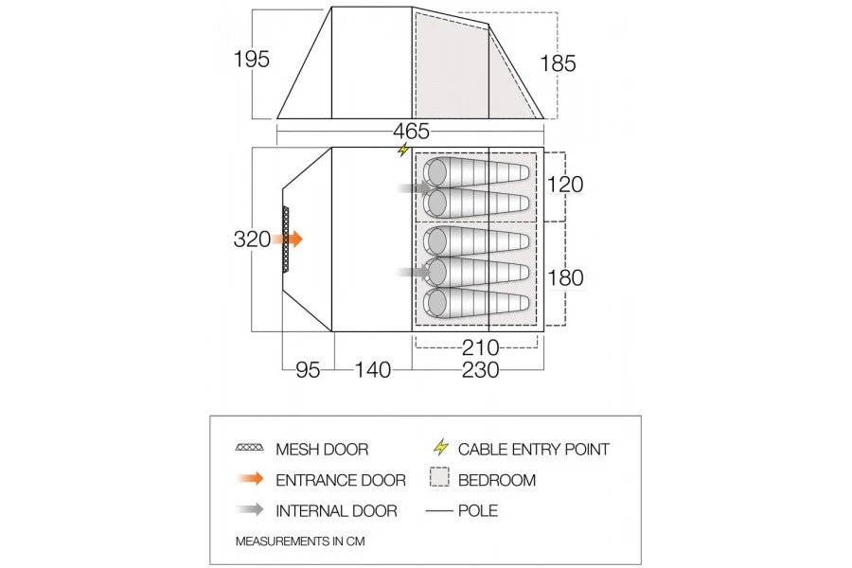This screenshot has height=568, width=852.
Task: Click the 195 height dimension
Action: tap(251, 59)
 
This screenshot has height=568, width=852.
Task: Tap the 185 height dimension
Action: tap(558, 63)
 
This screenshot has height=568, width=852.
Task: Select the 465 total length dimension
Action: tap(412, 131)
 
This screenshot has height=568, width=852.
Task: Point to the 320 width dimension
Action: tap(252, 239)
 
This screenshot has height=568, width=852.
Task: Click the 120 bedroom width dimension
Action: tap(565, 185)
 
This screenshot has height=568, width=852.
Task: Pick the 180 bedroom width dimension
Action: tap(565, 277)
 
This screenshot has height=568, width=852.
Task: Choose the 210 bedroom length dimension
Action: tap(480, 347)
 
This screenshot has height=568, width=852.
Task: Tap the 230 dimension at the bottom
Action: tap(480, 369)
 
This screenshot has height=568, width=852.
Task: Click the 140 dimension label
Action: tap(373, 369)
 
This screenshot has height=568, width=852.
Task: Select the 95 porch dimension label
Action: tap(308, 369)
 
